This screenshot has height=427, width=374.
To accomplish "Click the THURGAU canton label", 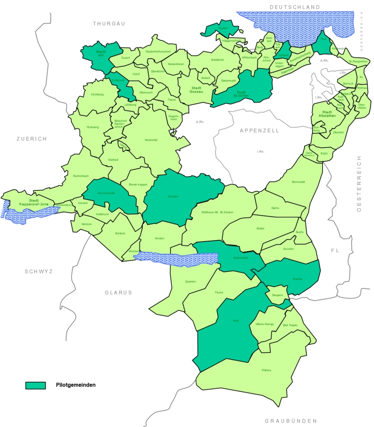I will (109, 23).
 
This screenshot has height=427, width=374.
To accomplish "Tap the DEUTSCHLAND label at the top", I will (295, 7).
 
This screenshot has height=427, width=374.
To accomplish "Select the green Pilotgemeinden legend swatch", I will (36, 385).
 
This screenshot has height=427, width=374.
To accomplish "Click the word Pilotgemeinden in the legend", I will (75, 385).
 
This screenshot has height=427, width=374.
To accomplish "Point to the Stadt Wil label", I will (101, 54).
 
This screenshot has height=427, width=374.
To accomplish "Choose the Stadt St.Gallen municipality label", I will (240, 94).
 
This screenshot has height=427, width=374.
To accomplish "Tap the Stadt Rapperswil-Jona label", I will (33, 202).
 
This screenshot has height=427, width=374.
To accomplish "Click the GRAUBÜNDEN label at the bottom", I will (291, 421).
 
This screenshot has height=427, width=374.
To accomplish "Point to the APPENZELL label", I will (259, 130).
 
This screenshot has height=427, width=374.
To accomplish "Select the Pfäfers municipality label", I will (267, 370).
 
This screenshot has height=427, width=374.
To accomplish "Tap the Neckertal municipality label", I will (151, 140).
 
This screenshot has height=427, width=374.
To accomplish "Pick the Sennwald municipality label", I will (298, 182).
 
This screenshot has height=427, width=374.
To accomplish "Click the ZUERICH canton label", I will (32, 139).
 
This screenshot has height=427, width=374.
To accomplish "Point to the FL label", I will (335, 250).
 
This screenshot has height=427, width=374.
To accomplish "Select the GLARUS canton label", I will (118, 292).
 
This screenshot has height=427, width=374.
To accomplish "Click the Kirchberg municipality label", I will (97, 94).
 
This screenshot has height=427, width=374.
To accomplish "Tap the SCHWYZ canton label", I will (39, 271).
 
